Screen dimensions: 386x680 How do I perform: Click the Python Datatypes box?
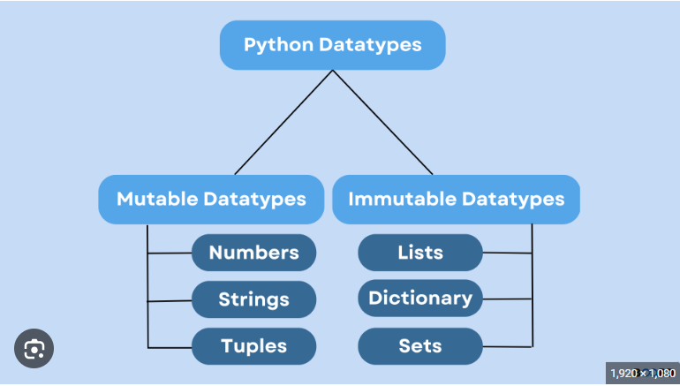coord(332,45)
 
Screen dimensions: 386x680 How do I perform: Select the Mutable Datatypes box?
coord(211,199)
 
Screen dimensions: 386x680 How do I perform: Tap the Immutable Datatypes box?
coord(456,199)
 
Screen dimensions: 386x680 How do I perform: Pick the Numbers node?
coord(253,253)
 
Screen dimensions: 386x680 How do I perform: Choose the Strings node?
coord(253,299)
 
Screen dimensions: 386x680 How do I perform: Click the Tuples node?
coord(253,346)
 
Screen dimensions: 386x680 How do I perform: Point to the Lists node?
coord(420,253)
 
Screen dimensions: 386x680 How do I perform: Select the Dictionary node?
coord(420,299)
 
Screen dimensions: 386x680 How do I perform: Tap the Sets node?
coord(420,346)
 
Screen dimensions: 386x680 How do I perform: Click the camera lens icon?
coord(34,350)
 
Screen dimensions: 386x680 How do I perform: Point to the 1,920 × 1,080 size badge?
coord(642,374)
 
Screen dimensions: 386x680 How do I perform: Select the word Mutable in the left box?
coord(155,199)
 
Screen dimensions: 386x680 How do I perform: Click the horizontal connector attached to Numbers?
coord(170,254)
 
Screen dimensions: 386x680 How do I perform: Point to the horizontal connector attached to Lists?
coord(507,254)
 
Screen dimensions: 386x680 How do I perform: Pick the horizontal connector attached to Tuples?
coord(170,346)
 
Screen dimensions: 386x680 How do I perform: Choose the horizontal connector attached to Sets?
coord(507,345)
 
